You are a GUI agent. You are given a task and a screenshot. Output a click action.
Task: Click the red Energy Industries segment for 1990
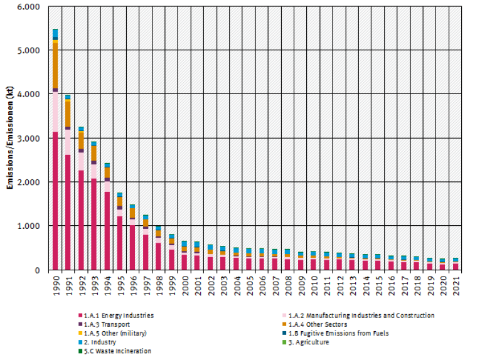[55, 201]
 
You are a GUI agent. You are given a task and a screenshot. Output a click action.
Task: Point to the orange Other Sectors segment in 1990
[55, 65]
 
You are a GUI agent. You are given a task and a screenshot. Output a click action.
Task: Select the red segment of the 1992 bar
[82, 220]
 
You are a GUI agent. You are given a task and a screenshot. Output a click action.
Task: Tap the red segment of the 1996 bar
[133, 248]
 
